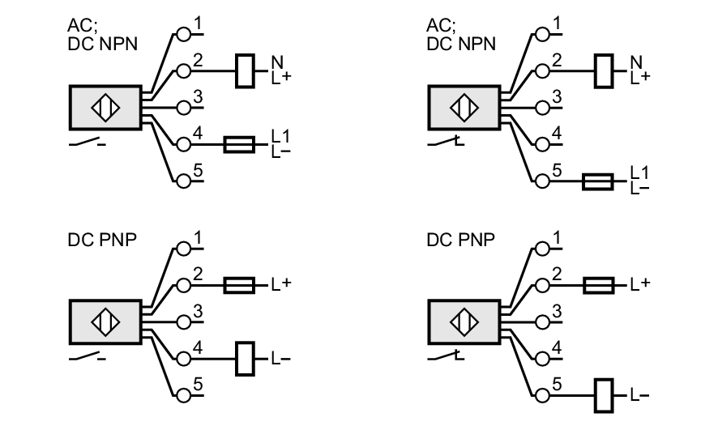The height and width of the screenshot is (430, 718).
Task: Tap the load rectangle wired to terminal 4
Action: (244, 357)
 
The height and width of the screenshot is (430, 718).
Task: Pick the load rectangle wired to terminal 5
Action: (604, 394)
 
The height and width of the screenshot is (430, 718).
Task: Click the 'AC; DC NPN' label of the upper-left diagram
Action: (102, 36)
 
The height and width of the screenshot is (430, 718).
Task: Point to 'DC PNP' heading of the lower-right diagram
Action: (458, 241)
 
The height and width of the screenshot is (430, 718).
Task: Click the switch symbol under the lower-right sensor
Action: (445, 354)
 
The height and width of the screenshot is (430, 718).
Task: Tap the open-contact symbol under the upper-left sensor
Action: (86, 144)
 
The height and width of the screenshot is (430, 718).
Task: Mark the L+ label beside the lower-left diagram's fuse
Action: (280, 285)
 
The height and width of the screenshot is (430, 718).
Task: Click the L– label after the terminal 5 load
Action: (639, 394)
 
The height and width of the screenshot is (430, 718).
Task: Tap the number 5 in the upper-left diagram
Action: (196, 171)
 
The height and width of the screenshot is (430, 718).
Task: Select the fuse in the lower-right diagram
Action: (598, 285)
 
